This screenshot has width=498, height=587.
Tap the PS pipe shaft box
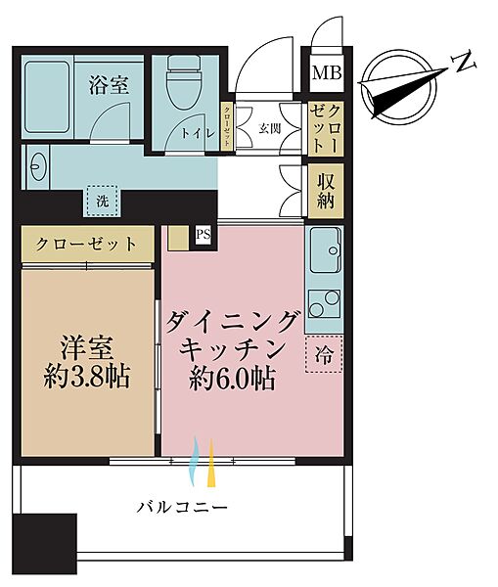203,234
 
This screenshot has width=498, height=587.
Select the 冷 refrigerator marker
324,356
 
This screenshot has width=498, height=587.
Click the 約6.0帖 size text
234,378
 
